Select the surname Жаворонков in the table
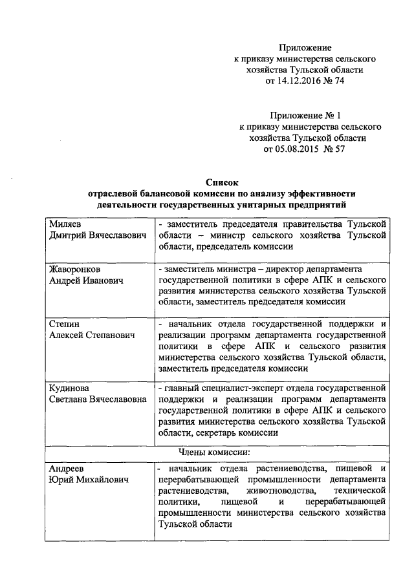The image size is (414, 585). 75,268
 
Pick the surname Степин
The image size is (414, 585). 65,324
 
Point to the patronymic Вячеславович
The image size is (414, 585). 114,235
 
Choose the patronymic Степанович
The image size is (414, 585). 105,337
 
